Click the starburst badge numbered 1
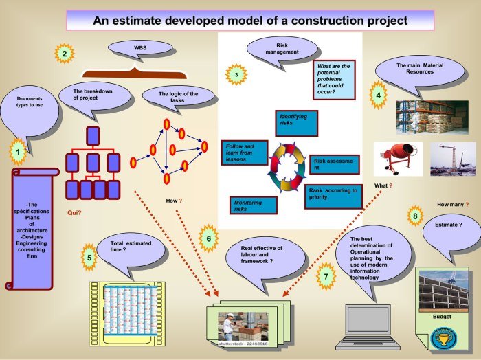[x=19, y=150]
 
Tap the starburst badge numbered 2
[x=64, y=53]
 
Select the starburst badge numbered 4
[x=377, y=95]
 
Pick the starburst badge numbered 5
[x=88, y=258]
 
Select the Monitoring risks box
[x=254, y=205]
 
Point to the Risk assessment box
[x=333, y=164]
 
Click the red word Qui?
[x=74, y=213]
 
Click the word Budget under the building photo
[x=442, y=317]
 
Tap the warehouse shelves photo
[x=432, y=117]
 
